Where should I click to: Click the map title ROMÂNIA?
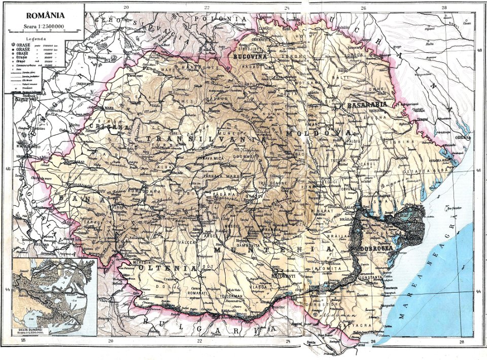pos(42,16)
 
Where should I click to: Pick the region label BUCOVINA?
pos(250,57)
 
